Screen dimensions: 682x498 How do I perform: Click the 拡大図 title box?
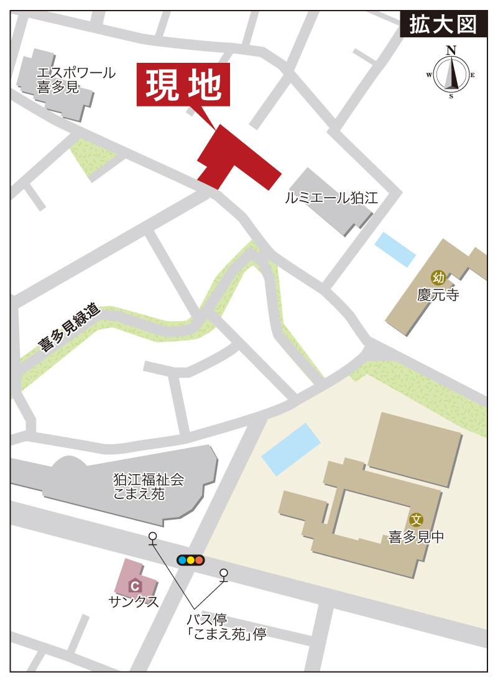[442, 24]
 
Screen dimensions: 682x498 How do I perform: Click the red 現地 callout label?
[183, 85]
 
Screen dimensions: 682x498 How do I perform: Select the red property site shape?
[233, 159]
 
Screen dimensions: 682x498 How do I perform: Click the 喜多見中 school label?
[416, 536]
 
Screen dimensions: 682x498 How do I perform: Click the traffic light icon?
[190, 559]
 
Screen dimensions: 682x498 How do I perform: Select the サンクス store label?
[133, 602]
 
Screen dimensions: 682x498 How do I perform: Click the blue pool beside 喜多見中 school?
[291, 449]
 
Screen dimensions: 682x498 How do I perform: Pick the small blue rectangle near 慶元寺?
[395, 249]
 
